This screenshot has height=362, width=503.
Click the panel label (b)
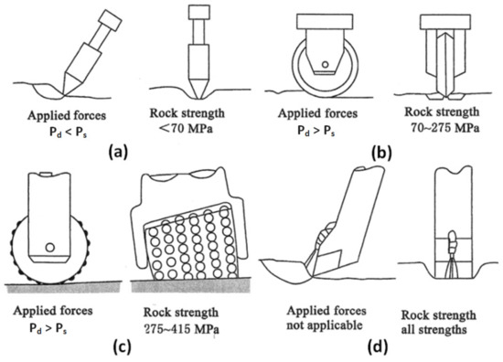pyautogui.click(x=381, y=153)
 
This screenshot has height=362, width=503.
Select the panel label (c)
pyautogui.click(x=123, y=347)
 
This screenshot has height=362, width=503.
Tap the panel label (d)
pyautogui.click(x=379, y=347)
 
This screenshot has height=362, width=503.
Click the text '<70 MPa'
pyautogui.click(x=186, y=129)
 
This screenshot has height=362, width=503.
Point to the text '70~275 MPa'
pyautogui.click(x=445, y=128)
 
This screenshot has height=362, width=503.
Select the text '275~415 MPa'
pyautogui.click(x=182, y=329)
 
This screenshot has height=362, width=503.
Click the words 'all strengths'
pyautogui.click(x=433, y=330)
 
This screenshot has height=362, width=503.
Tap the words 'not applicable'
pyautogui.click(x=325, y=325)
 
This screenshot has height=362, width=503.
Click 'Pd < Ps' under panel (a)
pyautogui.click(x=68, y=133)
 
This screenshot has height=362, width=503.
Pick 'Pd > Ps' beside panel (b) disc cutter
pyautogui.click(x=316, y=131)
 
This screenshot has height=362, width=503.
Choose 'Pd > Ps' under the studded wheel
pyautogui.click(x=48, y=329)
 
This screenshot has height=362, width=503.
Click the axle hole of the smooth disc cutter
pyautogui.click(x=325, y=65)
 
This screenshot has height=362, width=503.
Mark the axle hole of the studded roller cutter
pyautogui.click(x=49, y=248)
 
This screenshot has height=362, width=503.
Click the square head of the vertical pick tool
pyautogui.click(x=199, y=12)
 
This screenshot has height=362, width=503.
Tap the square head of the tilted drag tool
pyautogui.click(x=111, y=21)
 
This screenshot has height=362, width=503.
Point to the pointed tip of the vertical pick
pyautogui.click(x=198, y=97)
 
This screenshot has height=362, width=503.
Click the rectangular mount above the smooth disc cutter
pyautogui.click(x=325, y=21)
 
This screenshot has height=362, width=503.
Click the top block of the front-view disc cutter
pyautogui.click(x=446, y=22)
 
